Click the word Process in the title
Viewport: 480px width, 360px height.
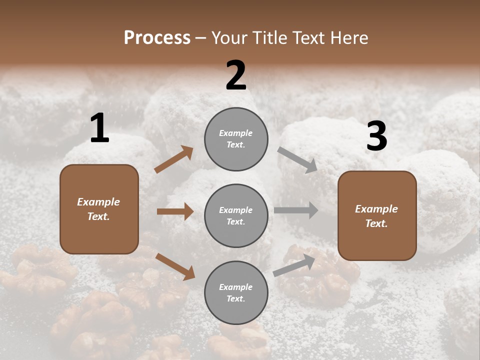(157, 38)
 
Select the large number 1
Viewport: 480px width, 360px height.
(99, 128)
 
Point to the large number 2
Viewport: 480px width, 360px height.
(236, 76)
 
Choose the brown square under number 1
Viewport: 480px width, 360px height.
(99, 209)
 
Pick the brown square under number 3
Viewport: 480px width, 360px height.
(377, 215)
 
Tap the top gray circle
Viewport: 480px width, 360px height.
(236, 139)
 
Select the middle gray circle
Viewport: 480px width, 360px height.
(236, 215)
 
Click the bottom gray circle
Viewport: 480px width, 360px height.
(236, 292)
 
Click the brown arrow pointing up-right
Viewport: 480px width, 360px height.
(174, 159)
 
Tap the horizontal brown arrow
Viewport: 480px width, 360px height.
(175, 211)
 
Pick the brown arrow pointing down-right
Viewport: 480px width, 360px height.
(175, 266)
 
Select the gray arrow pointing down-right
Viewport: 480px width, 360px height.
(297, 159)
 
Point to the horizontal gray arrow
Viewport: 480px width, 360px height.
(296, 210)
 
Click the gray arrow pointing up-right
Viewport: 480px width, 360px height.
(294, 265)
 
